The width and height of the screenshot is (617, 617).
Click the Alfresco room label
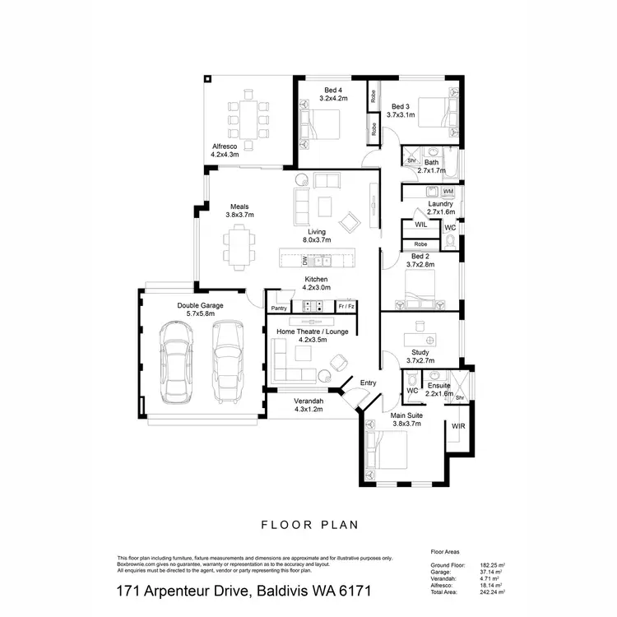(225, 146)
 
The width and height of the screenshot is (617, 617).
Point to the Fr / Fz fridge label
(346, 306)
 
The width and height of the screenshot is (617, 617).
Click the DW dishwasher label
(305, 262)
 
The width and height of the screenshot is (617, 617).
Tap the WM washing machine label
(448, 191)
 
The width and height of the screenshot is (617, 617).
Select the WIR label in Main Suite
(458, 427)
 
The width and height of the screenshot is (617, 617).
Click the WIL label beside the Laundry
(420, 224)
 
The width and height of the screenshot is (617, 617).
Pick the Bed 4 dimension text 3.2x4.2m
(333, 98)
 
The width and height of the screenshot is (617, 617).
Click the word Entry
(368, 383)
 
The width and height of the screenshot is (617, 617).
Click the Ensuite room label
(439, 385)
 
